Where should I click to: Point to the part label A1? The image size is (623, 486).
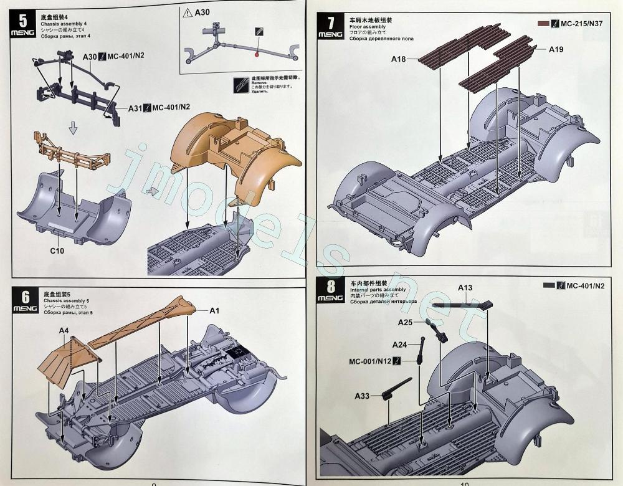tap(214, 310)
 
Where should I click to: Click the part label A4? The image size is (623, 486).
tap(64, 330)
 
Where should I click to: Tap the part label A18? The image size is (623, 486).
tap(399, 59)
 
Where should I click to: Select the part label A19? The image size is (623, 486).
tap(556, 49)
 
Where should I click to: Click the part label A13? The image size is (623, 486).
tap(465, 288)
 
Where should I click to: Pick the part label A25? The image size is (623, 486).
tap(406, 322)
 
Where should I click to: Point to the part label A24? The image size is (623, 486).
tap(399, 345)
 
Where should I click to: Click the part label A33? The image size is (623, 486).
tap(363, 396)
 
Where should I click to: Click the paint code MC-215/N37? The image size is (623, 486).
tap(583, 24)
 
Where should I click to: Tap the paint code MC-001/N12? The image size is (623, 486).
tap(370, 361)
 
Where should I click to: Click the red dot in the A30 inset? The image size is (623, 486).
tap(256, 55)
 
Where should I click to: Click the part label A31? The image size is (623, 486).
tap(135, 108)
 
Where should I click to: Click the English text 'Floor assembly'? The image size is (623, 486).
tap(368, 27)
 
